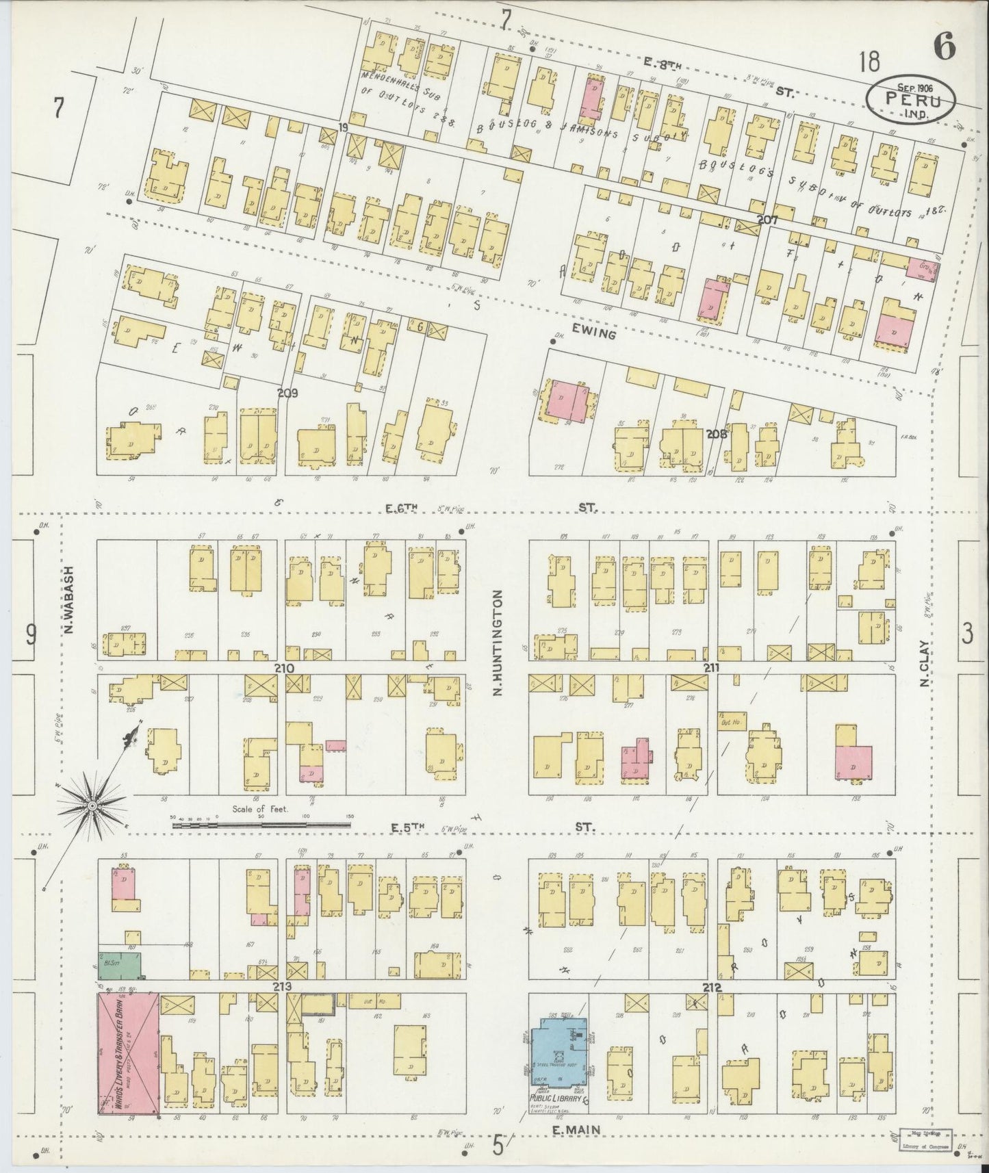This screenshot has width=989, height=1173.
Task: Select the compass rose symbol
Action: coord(91,808)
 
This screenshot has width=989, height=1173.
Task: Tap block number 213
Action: coord(282,986)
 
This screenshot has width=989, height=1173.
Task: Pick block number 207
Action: coord(767,220)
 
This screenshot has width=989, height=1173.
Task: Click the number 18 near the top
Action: coord(870,63)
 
